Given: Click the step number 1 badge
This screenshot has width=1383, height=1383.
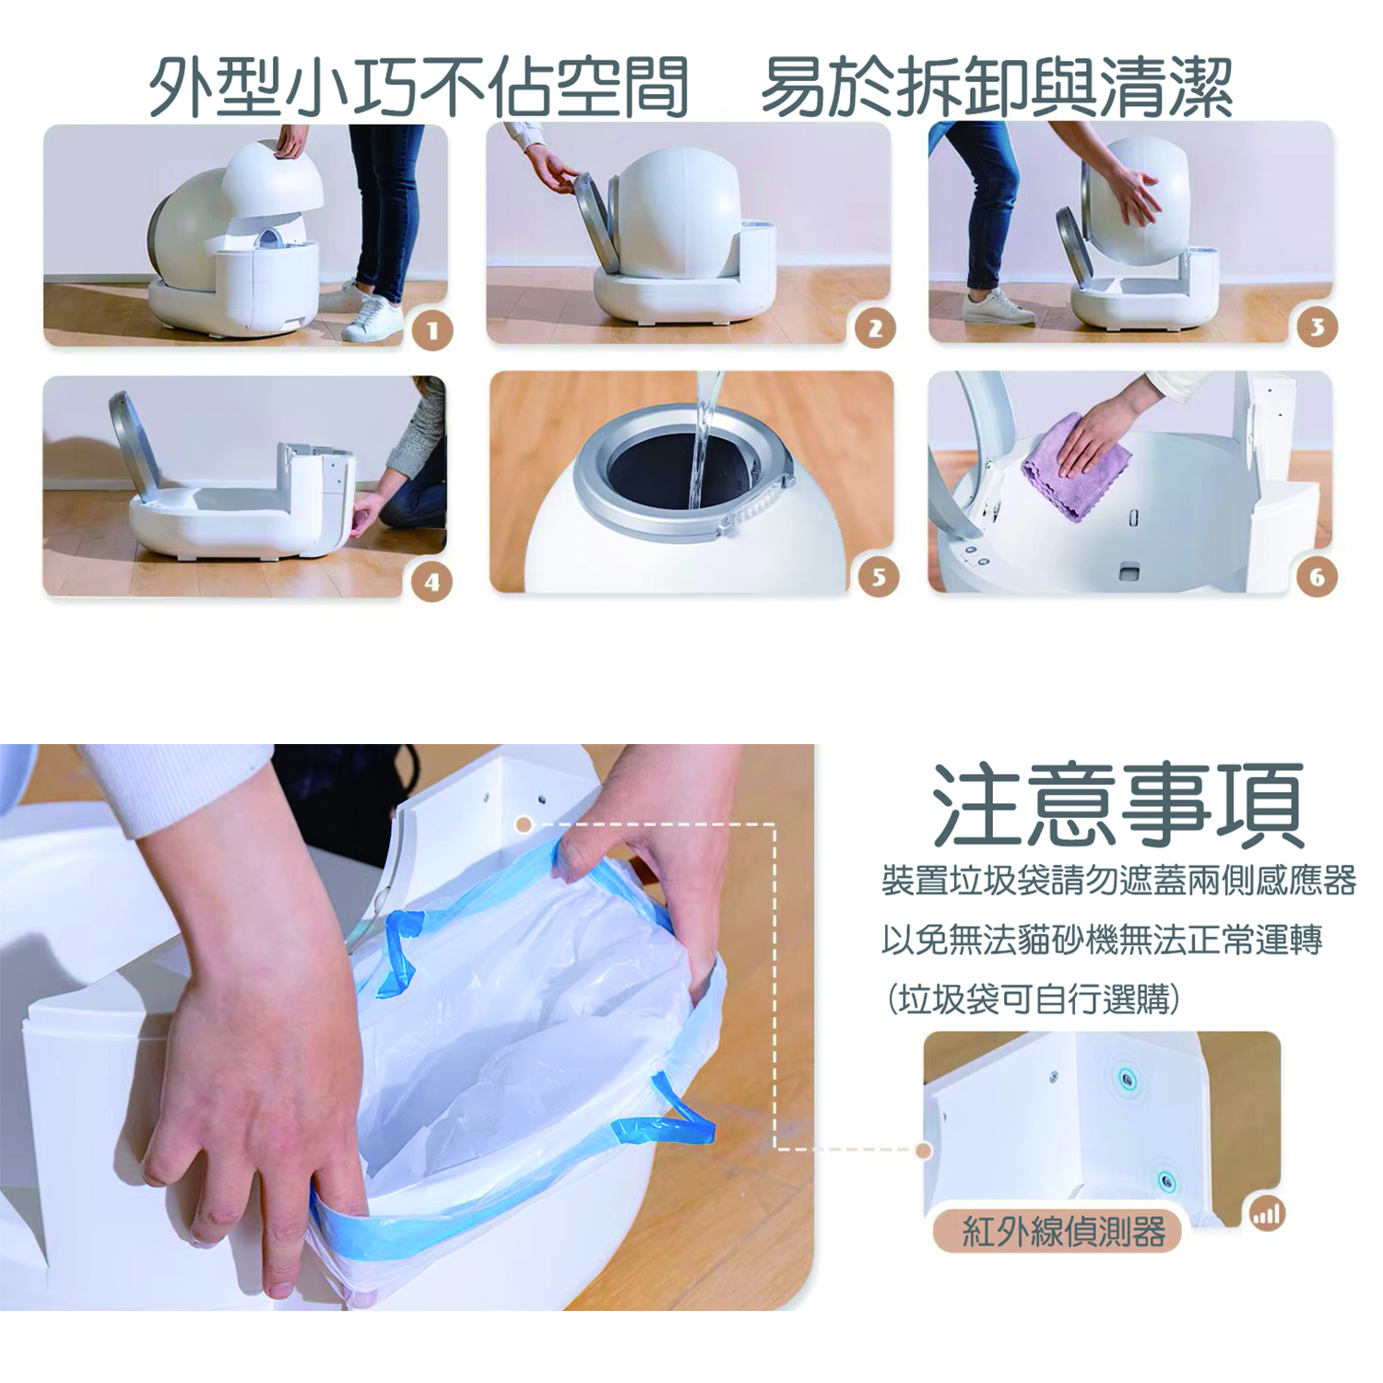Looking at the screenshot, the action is tap(433, 330).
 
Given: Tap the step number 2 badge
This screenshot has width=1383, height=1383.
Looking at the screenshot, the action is tap(876, 328).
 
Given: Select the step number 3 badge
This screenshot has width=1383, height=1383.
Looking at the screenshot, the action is tap(1317, 326).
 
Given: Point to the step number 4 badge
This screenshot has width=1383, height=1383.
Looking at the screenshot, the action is tap(431, 582).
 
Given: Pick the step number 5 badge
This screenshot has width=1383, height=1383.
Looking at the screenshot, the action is tap(878, 577).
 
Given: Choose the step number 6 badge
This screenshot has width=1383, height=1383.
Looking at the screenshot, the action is tap(1317, 577).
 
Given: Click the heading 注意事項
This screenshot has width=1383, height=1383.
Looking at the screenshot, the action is tap(1117, 805).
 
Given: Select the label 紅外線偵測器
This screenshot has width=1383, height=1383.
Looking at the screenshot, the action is tap(1063, 1231).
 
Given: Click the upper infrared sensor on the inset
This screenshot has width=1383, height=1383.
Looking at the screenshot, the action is tap(1126, 1078).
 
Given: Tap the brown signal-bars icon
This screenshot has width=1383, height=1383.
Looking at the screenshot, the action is tap(1268, 1214).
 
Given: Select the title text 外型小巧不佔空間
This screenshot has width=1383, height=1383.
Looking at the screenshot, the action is tap(420, 88).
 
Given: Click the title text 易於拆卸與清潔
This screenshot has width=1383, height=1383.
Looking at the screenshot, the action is tap(997, 88).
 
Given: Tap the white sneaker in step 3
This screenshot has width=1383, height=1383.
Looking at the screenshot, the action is tap(998, 306).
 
